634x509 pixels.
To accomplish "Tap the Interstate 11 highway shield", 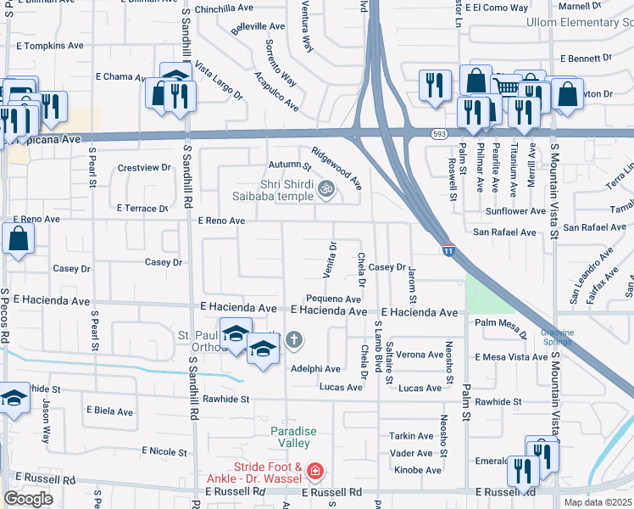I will (x=448, y=249).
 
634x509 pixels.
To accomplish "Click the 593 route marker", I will (x=437, y=133).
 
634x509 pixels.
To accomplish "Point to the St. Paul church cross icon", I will (x=294, y=340).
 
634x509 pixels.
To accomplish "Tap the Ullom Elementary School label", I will (x=579, y=22).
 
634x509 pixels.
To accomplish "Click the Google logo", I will (x=28, y=498).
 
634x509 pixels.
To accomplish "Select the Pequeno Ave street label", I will (x=334, y=299).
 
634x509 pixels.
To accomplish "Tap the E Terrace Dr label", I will (x=143, y=208).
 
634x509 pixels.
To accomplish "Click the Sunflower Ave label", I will (x=515, y=210).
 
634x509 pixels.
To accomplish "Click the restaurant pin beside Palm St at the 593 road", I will (x=471, y=111).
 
